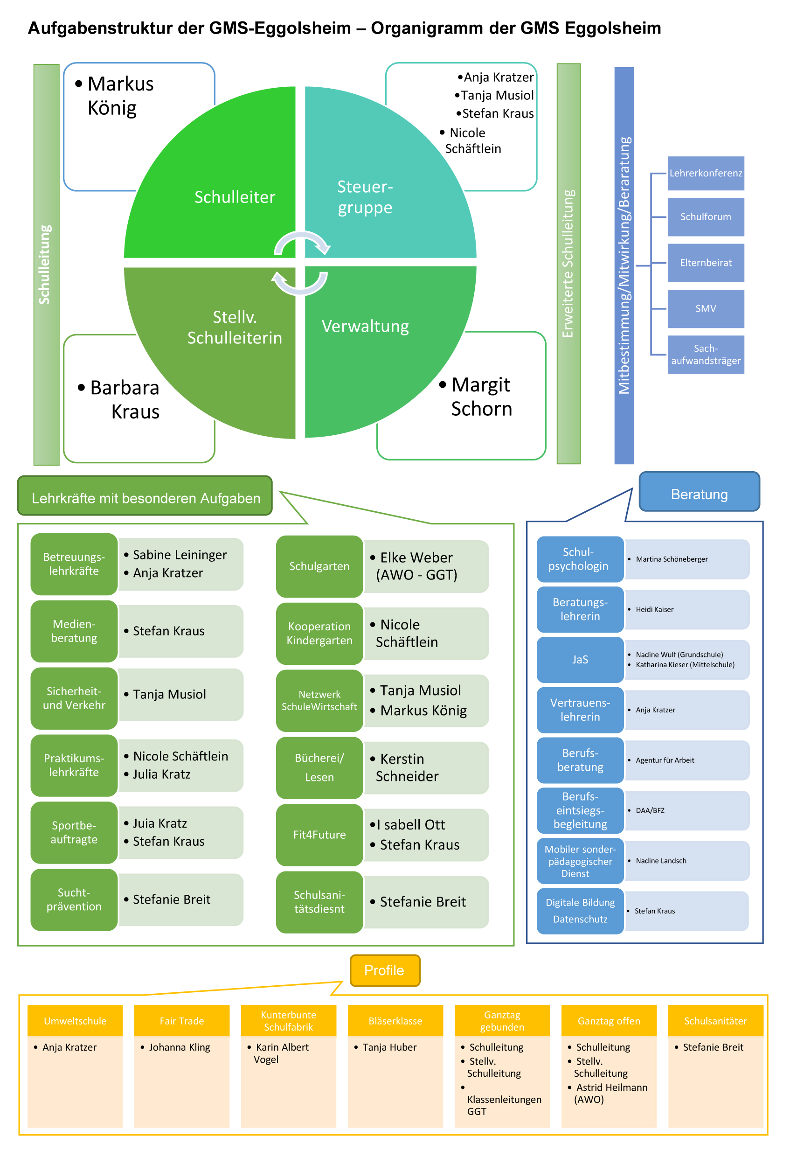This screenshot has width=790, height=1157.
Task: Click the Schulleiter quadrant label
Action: tap(235, 197)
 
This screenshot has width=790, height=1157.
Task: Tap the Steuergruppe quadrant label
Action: tap(365, 197)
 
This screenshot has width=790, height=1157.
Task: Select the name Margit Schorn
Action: tap(481, 397)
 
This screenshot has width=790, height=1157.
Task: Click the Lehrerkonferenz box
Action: tap(706, 173)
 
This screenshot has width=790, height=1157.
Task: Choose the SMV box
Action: tap(706, 309)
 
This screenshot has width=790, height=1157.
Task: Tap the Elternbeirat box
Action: tap(706, 263)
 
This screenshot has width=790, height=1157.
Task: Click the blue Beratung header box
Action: tap(699, 492)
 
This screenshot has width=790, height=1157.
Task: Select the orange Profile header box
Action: tap(385, 970)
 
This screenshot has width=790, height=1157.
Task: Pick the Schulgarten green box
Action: tap(319, 566)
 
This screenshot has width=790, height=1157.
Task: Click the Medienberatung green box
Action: tap(74, 631)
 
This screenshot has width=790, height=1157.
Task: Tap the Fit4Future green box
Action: tap(319, 835)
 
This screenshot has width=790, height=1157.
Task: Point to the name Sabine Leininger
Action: tap(180, 555)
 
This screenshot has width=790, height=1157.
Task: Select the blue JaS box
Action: tap(580, 660)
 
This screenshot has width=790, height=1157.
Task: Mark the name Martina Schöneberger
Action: tap(672, 559)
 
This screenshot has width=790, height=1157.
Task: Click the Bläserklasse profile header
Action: tap(395, 1021)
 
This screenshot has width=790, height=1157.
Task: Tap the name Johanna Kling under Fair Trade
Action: tap(179, 1047)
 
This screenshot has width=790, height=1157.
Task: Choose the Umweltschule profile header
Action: tap(75, 1021)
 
